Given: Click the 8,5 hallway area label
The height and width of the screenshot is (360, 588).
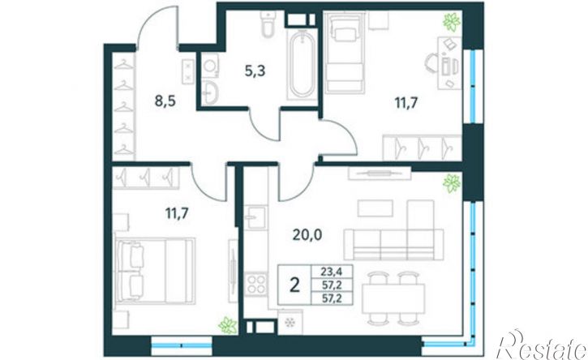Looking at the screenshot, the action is click(x=165, y=101).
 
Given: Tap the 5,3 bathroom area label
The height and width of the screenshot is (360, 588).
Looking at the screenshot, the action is click(x=255, y=71).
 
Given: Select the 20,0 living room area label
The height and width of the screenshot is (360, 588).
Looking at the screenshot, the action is click(x=307, y=235).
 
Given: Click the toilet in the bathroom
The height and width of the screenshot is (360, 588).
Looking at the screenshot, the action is click(x=268, y=24).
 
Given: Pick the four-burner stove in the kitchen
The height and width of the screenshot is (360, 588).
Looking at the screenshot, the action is click(x=255, y=285).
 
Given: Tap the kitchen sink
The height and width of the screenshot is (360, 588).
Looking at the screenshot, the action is click(x=255, y=217).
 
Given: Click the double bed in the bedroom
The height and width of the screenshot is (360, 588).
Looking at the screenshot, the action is click(x=155, y=270).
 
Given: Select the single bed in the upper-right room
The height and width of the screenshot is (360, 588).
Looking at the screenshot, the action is click(x=345, y=52).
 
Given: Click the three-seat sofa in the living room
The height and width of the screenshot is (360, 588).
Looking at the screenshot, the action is click(x=393, y=244).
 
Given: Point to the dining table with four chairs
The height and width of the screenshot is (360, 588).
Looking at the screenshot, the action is click(x=393, y=298).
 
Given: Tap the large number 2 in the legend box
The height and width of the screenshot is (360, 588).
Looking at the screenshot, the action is click(x=295, y=285).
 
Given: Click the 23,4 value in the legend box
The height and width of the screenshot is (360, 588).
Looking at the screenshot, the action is click(x=332, y=271).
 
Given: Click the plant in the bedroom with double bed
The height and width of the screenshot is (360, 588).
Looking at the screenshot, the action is click(x=228, y=325).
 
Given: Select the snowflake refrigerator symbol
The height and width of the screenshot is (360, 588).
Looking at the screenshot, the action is click(x=290, y=323).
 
